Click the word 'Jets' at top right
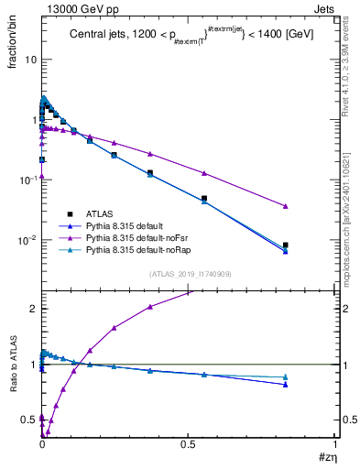point(325,7)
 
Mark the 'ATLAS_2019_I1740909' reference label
point(189,274)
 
